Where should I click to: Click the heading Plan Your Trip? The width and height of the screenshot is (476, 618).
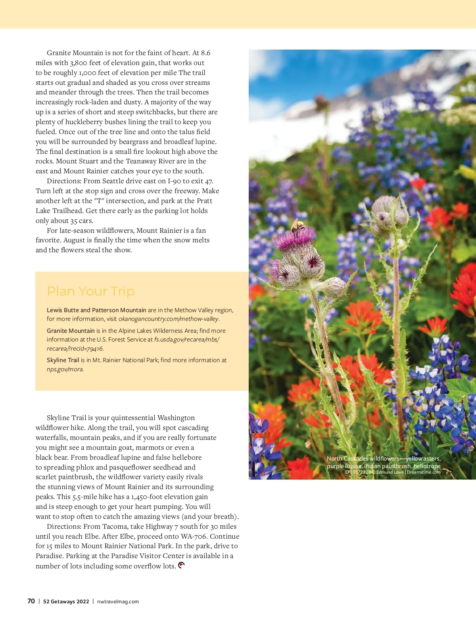[x=90, y=291]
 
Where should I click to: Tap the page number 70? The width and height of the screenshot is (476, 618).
[x=31, y=601]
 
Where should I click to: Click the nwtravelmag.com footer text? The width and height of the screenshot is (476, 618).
[x=118, y=601]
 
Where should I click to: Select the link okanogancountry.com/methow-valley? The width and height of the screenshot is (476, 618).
[x=169, y=319]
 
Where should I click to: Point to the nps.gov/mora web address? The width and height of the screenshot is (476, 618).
[x=65, y=369]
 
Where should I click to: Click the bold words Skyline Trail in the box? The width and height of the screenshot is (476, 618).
[x=63, y=360]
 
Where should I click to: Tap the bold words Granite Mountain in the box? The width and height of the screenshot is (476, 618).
[x=71, y=331]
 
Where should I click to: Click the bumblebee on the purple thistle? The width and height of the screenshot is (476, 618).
[x=297, y=226]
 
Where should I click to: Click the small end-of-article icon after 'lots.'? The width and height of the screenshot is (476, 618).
[x=181, y=565]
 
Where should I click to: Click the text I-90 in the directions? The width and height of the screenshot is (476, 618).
[x=175, y=181]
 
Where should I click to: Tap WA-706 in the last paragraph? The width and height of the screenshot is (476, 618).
[x=194, y=536]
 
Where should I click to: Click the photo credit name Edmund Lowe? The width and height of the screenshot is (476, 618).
[x=390, y=472]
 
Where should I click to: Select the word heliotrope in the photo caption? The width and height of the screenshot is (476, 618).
[x=427, y=466]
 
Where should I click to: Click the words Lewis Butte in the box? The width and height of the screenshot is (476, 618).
[x=63, y=310]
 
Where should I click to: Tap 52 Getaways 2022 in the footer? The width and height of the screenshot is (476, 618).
[x=66, y=601]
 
